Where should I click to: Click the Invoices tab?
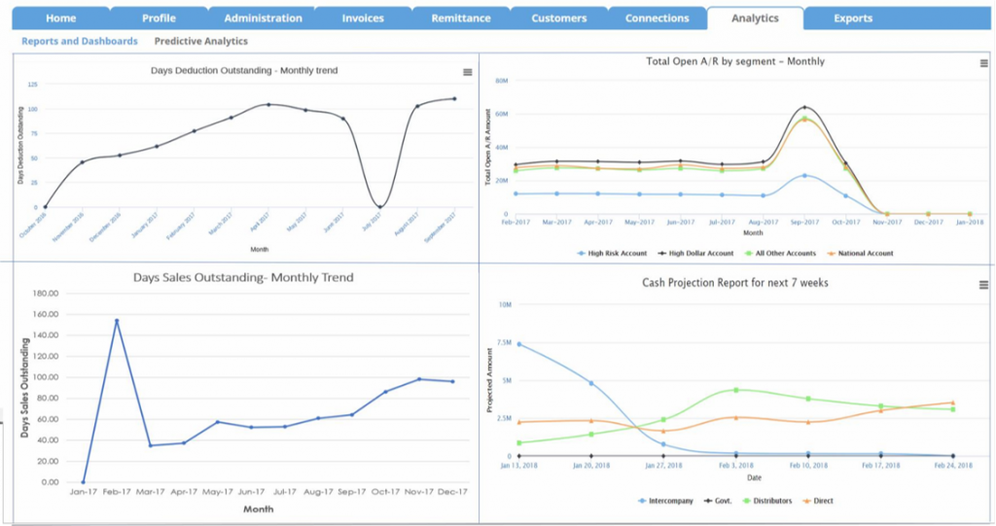click(362, 18)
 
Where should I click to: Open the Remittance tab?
click(461, 18)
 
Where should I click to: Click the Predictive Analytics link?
click(200, 42)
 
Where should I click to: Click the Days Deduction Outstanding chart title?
click(244, 70)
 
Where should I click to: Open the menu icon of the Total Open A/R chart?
click(983, 63)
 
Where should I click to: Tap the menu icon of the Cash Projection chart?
click(983, 284)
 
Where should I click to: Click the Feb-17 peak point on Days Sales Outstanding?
click(117, 321)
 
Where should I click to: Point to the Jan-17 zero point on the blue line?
click(83, 482)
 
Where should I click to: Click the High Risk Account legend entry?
click(612, 253)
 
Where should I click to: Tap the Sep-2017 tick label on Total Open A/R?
click(803, 222)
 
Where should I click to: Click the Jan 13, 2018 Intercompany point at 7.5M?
click(519, 344)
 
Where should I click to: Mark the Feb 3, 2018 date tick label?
click(736, 466)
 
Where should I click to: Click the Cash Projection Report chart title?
click(735, 283)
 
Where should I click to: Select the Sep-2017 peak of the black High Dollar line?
click(804, 107)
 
